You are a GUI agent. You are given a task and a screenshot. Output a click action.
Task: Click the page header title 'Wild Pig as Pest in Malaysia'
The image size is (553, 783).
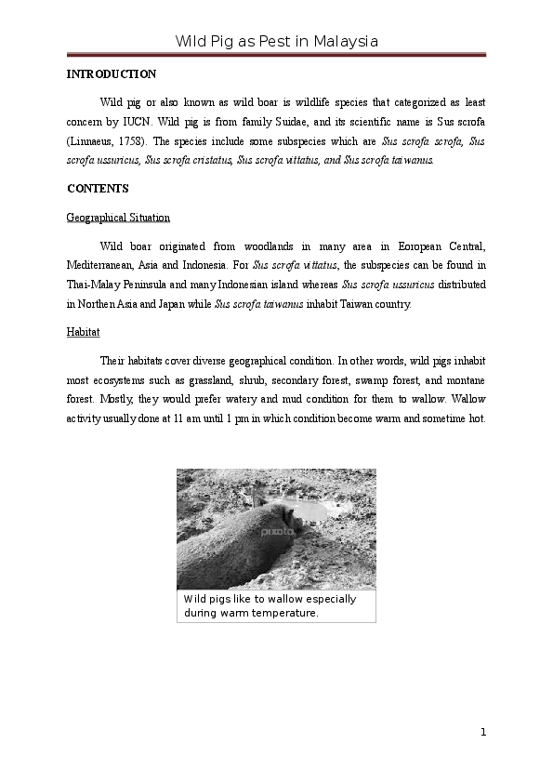pos(276,42)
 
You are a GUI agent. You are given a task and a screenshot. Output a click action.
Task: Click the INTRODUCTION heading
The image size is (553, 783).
pos(112,73)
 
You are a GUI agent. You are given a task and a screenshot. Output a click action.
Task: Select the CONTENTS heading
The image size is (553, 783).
pos(98,189)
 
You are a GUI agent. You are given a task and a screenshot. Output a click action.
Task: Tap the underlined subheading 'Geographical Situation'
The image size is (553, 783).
pos(118,218)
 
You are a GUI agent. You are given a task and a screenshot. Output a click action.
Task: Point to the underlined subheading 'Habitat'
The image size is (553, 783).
pos(84,332)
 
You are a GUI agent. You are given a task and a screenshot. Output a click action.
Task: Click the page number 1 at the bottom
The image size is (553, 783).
pos(483,732)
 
